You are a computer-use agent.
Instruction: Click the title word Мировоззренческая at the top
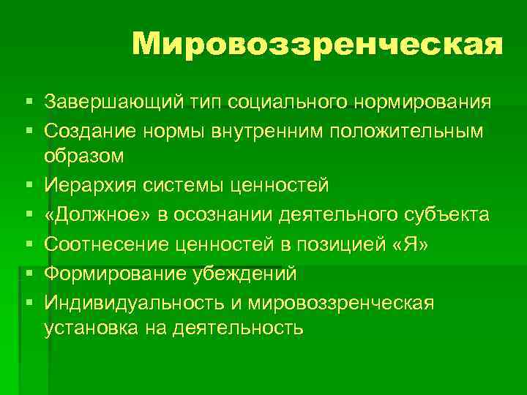point(318,45)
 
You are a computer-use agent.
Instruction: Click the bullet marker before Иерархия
point(27,185)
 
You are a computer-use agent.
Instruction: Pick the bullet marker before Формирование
point(27,274)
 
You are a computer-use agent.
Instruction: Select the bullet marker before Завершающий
point(27,100)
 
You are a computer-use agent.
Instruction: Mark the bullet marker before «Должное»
point(27,215)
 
